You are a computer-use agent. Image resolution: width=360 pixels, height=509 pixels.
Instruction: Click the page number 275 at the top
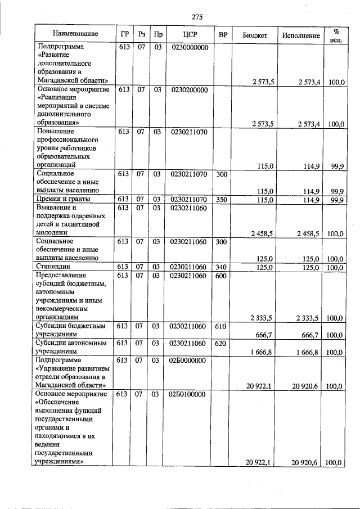click(197, 17)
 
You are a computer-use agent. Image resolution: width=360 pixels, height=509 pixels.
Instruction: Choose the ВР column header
click(223, 34)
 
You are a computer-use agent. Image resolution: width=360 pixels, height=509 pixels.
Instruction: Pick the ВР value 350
click(222, 200)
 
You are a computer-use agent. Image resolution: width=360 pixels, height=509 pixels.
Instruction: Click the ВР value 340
click(222, 267)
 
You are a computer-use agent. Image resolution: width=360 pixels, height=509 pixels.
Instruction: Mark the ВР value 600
click(222, 276)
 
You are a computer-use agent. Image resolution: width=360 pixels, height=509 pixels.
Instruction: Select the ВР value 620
click(222, 343)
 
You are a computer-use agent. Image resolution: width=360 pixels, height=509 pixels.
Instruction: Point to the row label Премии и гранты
click(63, 200)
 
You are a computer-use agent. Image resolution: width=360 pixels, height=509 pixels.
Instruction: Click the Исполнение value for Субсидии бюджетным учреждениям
click(308, 335)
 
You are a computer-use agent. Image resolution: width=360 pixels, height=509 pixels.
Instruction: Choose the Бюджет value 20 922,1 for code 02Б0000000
click(259, 386)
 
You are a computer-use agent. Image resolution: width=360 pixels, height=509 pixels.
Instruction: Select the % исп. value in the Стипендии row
click(336, 267)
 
